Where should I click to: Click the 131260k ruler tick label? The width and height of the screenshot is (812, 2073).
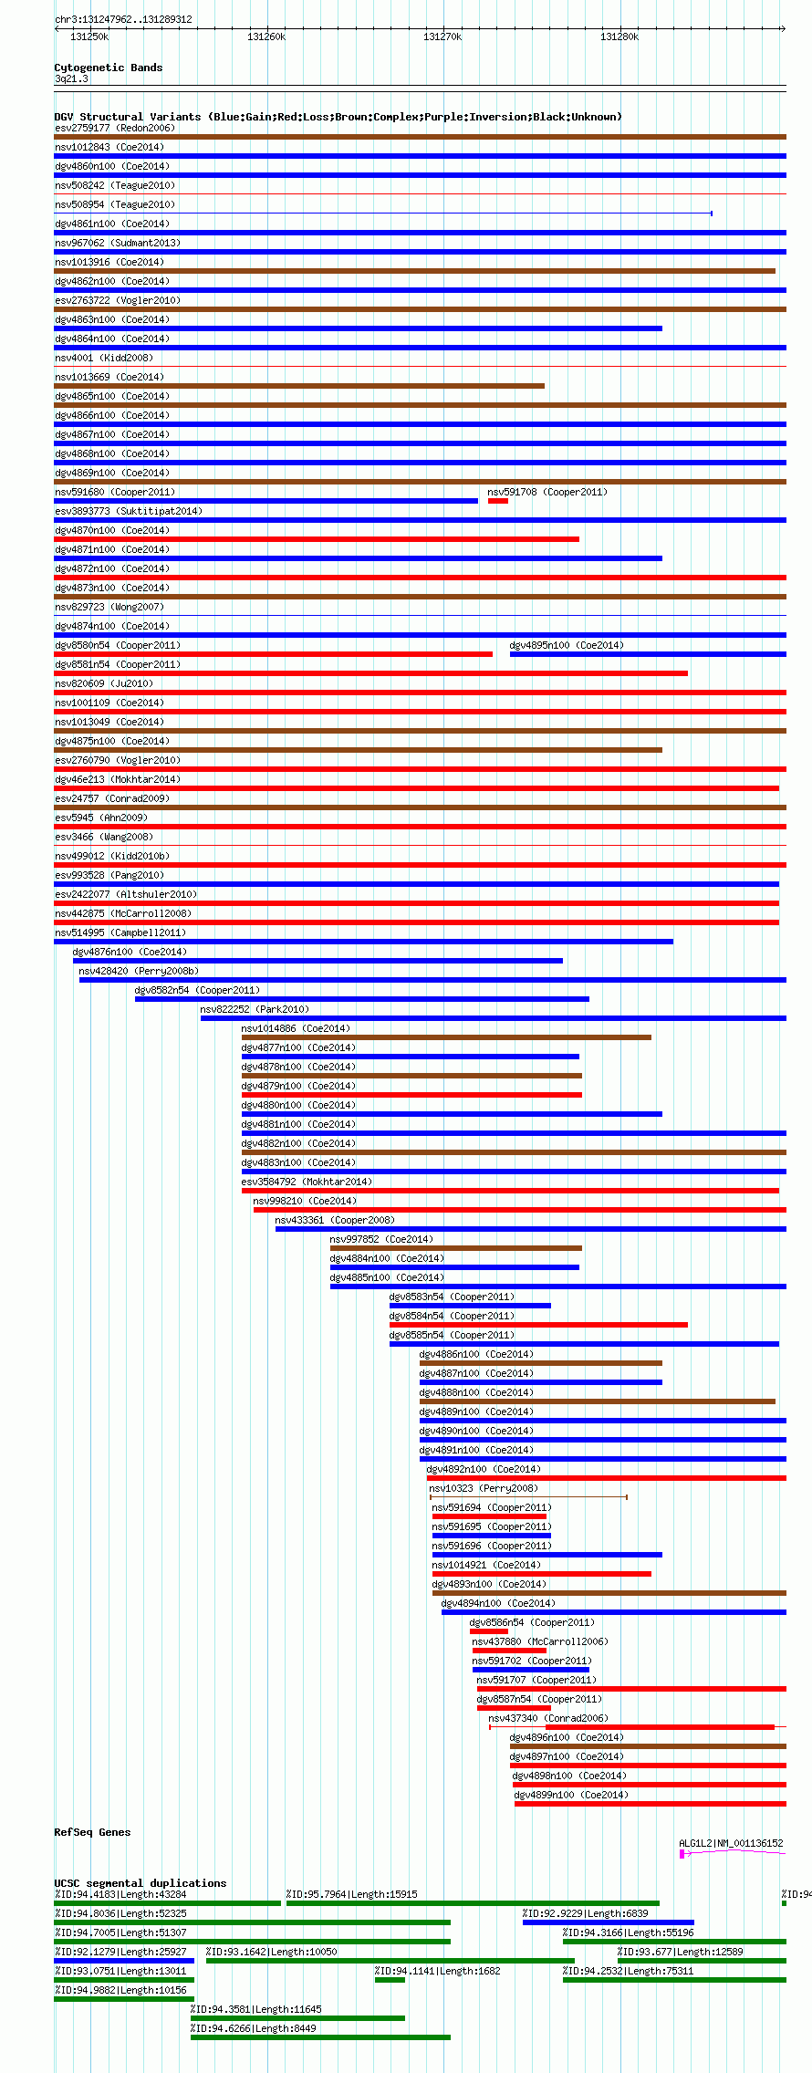tap(266, 36)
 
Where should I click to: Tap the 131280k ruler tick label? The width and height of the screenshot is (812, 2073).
tap(619, 36)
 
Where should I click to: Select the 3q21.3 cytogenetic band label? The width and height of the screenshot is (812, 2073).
tap(71, 79)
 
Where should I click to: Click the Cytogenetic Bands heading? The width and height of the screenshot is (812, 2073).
tap(109, 68)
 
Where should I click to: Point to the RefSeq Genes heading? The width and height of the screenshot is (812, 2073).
tap(92, 1832)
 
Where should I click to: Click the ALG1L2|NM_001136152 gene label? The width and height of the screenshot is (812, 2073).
tap(731, 1843)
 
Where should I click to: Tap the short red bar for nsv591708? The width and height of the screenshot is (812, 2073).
tap(498, 501)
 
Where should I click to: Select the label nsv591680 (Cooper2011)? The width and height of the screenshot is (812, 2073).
tap(115, 492)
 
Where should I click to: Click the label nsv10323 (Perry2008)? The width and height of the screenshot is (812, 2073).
tap(484, 1488)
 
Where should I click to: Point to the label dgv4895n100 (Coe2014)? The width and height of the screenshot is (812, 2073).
tap(567, 645)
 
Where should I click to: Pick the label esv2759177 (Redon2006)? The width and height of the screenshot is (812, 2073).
tap(115, 128)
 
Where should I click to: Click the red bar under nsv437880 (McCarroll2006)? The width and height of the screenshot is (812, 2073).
tap(509, 1651)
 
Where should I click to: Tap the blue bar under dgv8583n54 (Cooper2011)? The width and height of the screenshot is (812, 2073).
tap(470, 1306)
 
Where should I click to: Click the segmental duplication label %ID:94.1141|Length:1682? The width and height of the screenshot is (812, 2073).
tap(438, 1971)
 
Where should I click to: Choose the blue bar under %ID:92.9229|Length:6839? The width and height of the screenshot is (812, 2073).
tap(609, 1922)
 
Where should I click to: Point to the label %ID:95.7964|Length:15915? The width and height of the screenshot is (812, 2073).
tap(352, 1894)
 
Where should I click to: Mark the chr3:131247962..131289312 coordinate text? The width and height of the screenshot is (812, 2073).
tap(123, 19)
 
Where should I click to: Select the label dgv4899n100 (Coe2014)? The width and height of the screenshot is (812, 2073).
tap(571, 1795)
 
